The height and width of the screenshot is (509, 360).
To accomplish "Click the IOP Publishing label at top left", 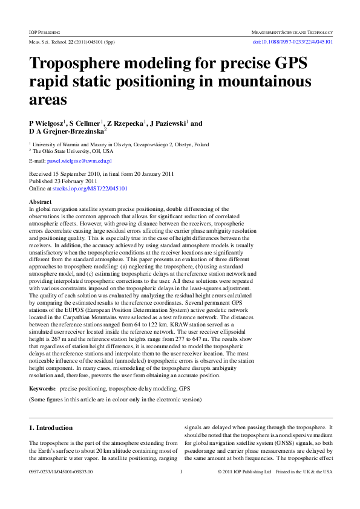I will [45, 31].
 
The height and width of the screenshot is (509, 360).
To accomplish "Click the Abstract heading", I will [41, 201].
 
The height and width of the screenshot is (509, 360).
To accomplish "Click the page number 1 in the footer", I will [181, 489].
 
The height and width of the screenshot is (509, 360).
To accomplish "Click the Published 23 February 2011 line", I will [64, 181].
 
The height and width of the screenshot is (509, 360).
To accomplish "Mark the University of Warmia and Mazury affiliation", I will [121, 145].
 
